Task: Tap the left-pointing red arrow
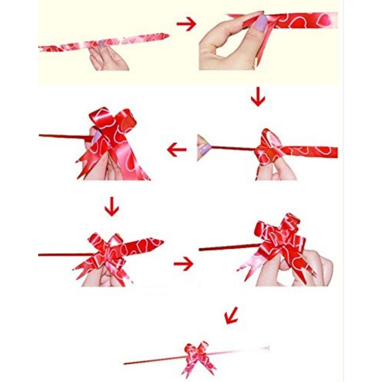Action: pyautogui.click(x=176, y=150)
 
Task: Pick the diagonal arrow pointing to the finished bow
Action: pyautogui.click(x=231, y=316)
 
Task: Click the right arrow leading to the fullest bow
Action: pyautogui.click(x=184, y=264)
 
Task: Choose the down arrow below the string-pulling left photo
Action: pyautogui.click(x=112, y=207)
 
